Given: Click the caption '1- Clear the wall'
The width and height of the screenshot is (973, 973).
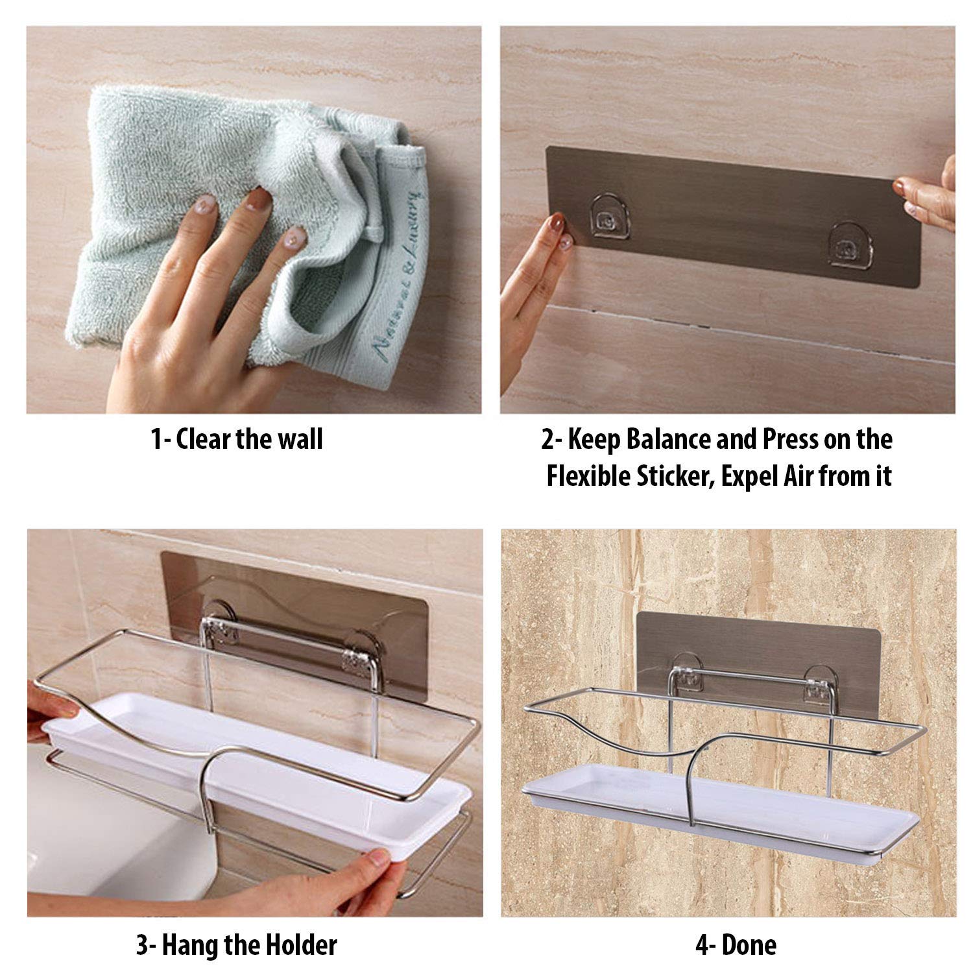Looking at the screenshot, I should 237,440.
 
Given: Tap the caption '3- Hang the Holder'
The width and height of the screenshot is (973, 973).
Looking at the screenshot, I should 236,945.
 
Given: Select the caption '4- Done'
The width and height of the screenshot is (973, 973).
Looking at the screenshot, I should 736,945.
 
